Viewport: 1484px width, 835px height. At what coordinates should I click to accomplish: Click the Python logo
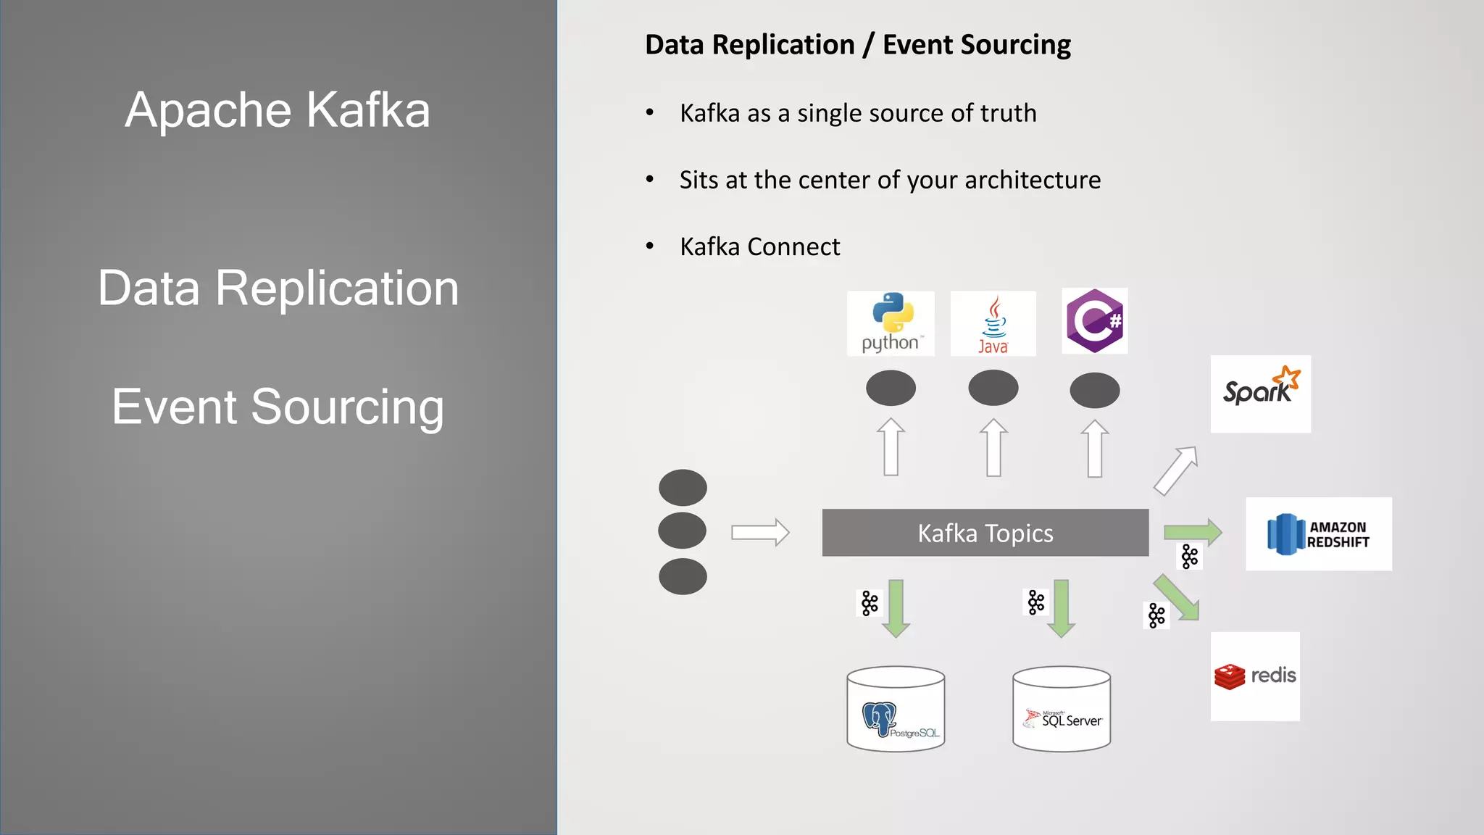coord(891,323)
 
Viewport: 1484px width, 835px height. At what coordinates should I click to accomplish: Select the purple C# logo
coord(1094,321)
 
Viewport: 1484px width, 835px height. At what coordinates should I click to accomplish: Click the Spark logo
coord(1261,394)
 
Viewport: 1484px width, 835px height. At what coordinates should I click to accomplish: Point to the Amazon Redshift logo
coord(1319,534)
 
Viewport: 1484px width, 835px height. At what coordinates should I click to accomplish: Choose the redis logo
coord(1255,676)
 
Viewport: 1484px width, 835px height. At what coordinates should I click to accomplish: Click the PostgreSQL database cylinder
coord(896,710)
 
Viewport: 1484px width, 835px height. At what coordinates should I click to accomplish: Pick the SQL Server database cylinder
coord(1062,710)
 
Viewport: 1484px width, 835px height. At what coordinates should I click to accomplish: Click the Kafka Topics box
coord(985,533)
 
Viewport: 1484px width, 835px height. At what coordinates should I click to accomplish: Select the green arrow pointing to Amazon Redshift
coord(1193,532)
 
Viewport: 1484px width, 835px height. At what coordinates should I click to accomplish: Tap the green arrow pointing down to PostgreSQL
coord(896,608)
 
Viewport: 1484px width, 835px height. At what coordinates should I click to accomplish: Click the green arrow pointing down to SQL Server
coord(1062,608)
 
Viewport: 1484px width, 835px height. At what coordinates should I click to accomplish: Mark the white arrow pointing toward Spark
coord(1176,470)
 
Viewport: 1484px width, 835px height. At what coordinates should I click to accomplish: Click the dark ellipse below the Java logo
coord(993,388)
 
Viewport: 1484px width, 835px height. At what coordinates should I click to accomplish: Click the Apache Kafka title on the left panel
coord(278,110)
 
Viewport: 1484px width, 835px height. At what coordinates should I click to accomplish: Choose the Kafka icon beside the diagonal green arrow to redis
coord(1156,616)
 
